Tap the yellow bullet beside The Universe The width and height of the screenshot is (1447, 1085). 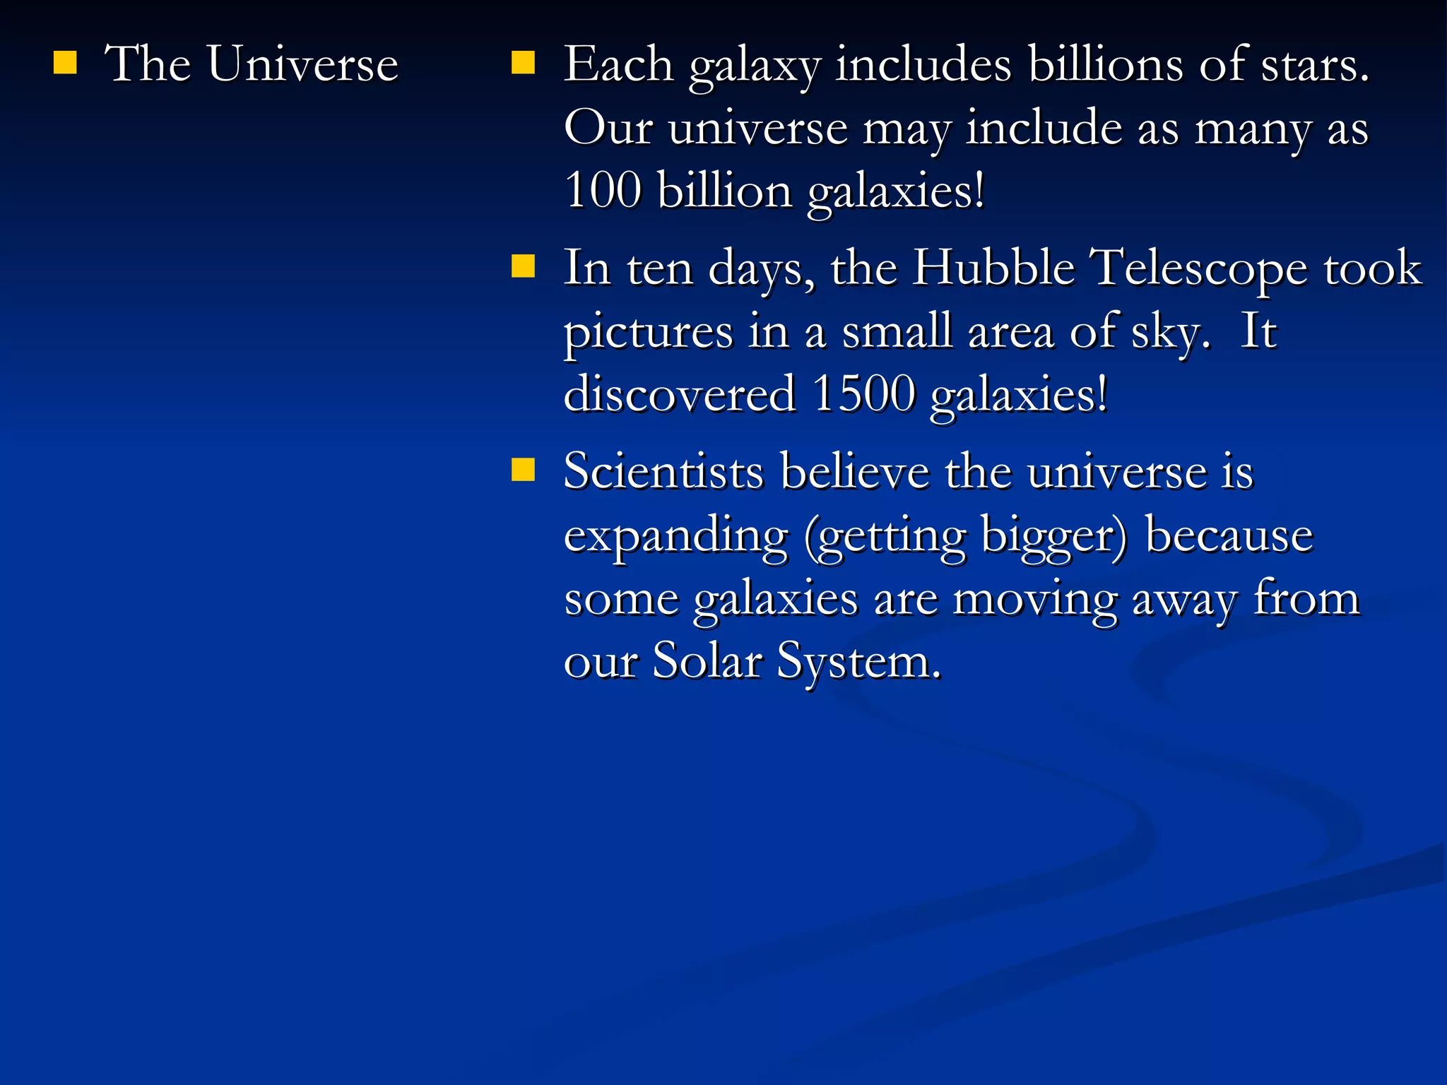[x=65, y=63]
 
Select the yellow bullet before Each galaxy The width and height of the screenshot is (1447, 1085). [x=523, y=63]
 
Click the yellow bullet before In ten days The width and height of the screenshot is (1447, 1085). [x=523, y=266]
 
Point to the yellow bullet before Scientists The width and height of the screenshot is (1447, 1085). [x=523, y=470]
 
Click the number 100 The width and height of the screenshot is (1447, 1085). [x=603, y=191]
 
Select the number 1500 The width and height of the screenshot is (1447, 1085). [x=863, y=394]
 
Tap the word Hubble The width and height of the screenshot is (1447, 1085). [x=993, y=268]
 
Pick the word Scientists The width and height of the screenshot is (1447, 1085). [x=663, y=471]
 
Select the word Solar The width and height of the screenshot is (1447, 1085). [x=707, y=661]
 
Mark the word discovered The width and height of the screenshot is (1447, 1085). [x=679, y=394]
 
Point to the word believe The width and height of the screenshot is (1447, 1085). [x=855, y=471]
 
